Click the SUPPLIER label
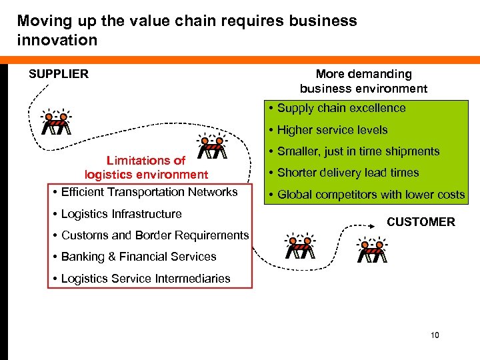(59, 74)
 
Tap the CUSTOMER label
(421, 222)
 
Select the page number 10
(435, 335)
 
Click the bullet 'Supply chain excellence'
(341, 108)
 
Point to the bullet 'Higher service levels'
(332, 130)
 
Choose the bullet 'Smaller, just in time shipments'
(358, 151)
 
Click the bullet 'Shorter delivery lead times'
(348, 173)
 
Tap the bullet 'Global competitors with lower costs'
(371, 195)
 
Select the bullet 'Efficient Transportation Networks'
(149, 192)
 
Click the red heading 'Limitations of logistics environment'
(146, 167)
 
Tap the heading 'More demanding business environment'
(363, 81)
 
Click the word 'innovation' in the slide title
(57, 40)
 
